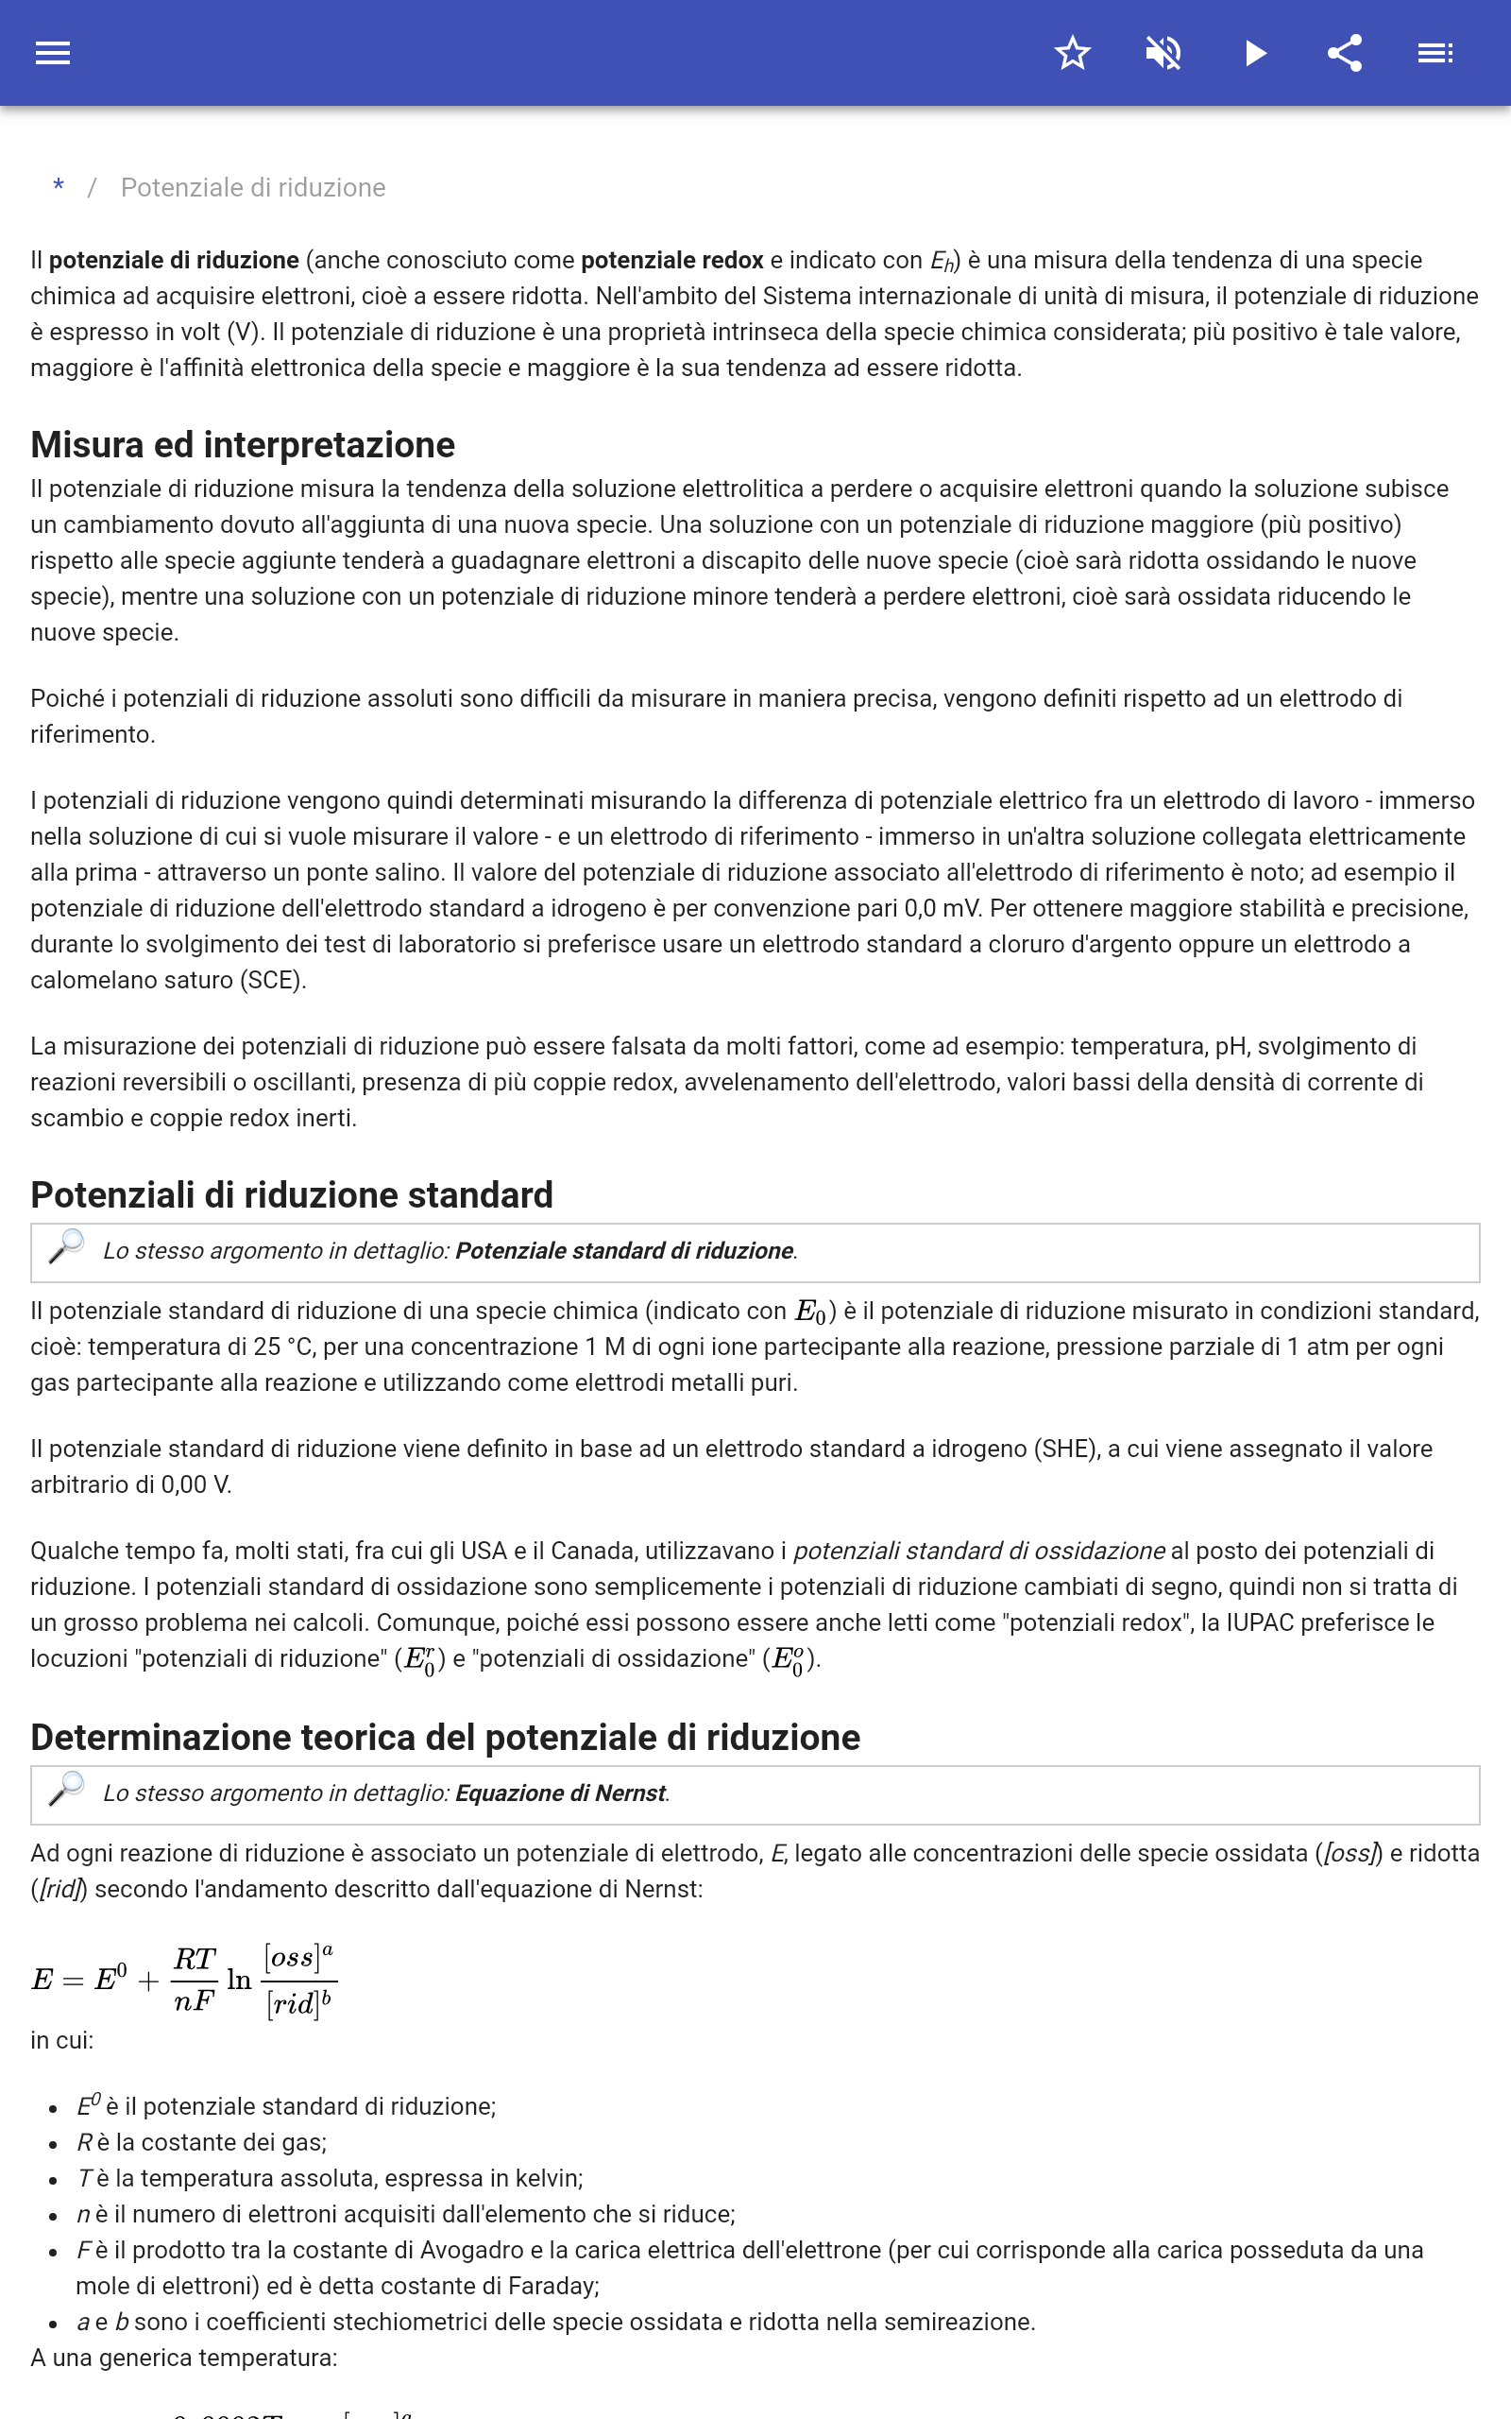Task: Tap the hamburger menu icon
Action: [x=53, y=53]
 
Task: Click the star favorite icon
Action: [x=1072, y=53]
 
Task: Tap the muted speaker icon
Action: [x=1163, y=53]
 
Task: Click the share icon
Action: [x=1345, y=53]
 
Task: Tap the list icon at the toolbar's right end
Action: [x=1435, y=53]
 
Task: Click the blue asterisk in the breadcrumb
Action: [x=59, y=187]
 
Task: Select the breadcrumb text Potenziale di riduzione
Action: [x=253, y=188]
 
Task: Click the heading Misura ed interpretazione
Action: [x=243, y=445]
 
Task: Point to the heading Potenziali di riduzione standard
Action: [x=292, y=1194]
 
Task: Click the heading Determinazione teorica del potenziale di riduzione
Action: [x=445, y=1738]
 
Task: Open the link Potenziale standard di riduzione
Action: [x=623, y=1250]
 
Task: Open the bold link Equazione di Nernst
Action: [x=560, y=1793]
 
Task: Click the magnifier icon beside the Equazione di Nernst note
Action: [x=67, y=1790]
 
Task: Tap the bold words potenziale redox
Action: [x=671, y=261]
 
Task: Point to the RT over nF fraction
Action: [x=195, y=1980]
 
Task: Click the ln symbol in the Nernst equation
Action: [x=239, y=1981]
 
